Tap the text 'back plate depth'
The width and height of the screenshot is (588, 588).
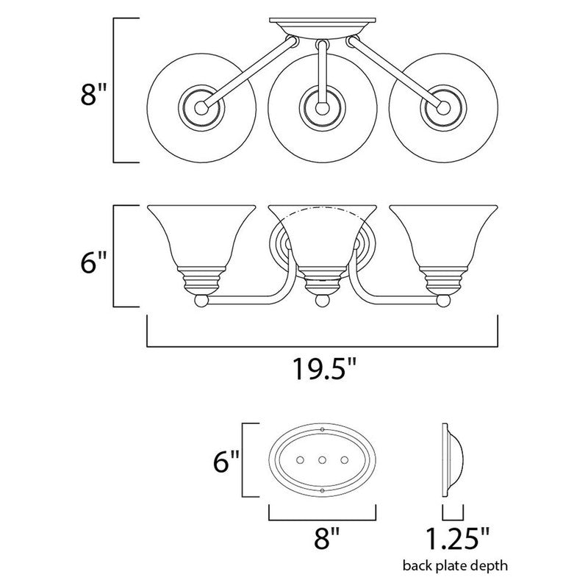click(x=453, y=567)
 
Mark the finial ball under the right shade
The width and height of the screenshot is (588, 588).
click(x=442, y=300)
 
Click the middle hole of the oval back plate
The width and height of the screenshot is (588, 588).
click(x=323, y=459)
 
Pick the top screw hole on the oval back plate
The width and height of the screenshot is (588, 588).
click(x=323, y=429)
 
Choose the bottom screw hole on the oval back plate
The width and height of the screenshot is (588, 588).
click(x=323, y=490)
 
